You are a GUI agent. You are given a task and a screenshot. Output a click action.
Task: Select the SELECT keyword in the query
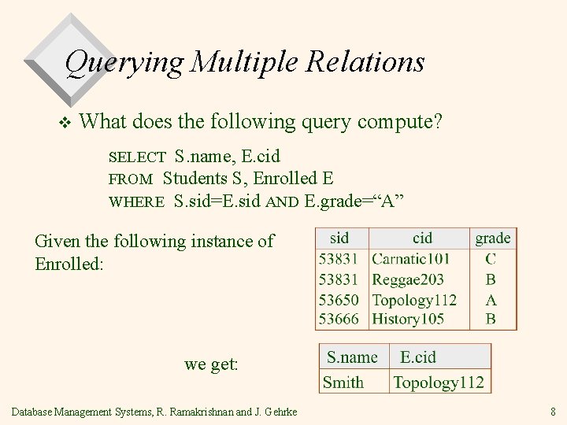click(137, 157)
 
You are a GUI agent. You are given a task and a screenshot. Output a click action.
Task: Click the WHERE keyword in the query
click(136, 201)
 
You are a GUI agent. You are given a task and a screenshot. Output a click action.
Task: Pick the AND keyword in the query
click(282, 201)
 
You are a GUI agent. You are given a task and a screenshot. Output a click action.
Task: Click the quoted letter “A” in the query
click(390, 200)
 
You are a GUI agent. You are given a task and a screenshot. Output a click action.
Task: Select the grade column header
click(493, 238)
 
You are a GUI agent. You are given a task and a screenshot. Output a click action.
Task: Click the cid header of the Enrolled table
click(422, 238)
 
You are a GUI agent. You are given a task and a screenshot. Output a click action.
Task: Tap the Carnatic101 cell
click(410, 259)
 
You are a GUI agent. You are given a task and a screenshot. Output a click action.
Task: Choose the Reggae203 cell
click(408, 279)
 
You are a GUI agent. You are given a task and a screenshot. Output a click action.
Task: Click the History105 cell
click(408, 319)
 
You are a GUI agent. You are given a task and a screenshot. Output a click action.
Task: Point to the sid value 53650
click(339, 300)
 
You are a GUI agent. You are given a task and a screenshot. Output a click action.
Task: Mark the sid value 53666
click(339, 319)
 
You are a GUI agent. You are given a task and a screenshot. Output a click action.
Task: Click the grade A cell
click(491, 300)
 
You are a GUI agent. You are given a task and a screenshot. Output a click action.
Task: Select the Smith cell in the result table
click(343, 382)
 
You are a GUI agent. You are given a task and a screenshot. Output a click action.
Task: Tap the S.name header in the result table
click(352, 357)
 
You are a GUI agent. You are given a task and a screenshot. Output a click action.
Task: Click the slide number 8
click(554, 411)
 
